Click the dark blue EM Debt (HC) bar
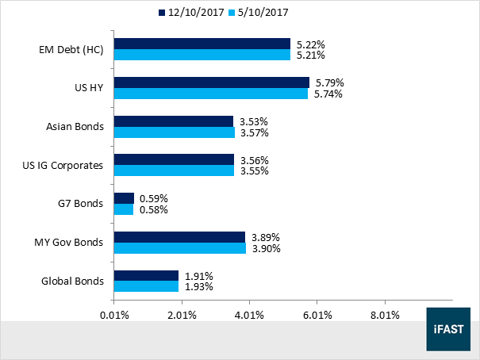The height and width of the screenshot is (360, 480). click(x=202, y=44)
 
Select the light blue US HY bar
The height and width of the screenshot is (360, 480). click(x=211, y=94)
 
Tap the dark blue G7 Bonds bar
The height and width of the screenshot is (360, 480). click(x=124, y=198)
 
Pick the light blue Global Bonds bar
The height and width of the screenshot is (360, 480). click(x=147, y=287)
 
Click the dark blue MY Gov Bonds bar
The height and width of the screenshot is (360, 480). click(x=179, y=237)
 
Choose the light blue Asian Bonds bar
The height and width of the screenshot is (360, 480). click(x=175, y=132)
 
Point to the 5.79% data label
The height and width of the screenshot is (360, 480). click(x=330, y=82)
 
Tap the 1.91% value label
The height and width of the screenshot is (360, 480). click(x=198, y=276)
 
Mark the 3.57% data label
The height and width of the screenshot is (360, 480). click(x=254, y=132)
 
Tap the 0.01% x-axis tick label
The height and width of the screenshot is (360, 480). click(x=114, y=315)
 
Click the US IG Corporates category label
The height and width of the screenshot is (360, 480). click(x=65, y=165)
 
